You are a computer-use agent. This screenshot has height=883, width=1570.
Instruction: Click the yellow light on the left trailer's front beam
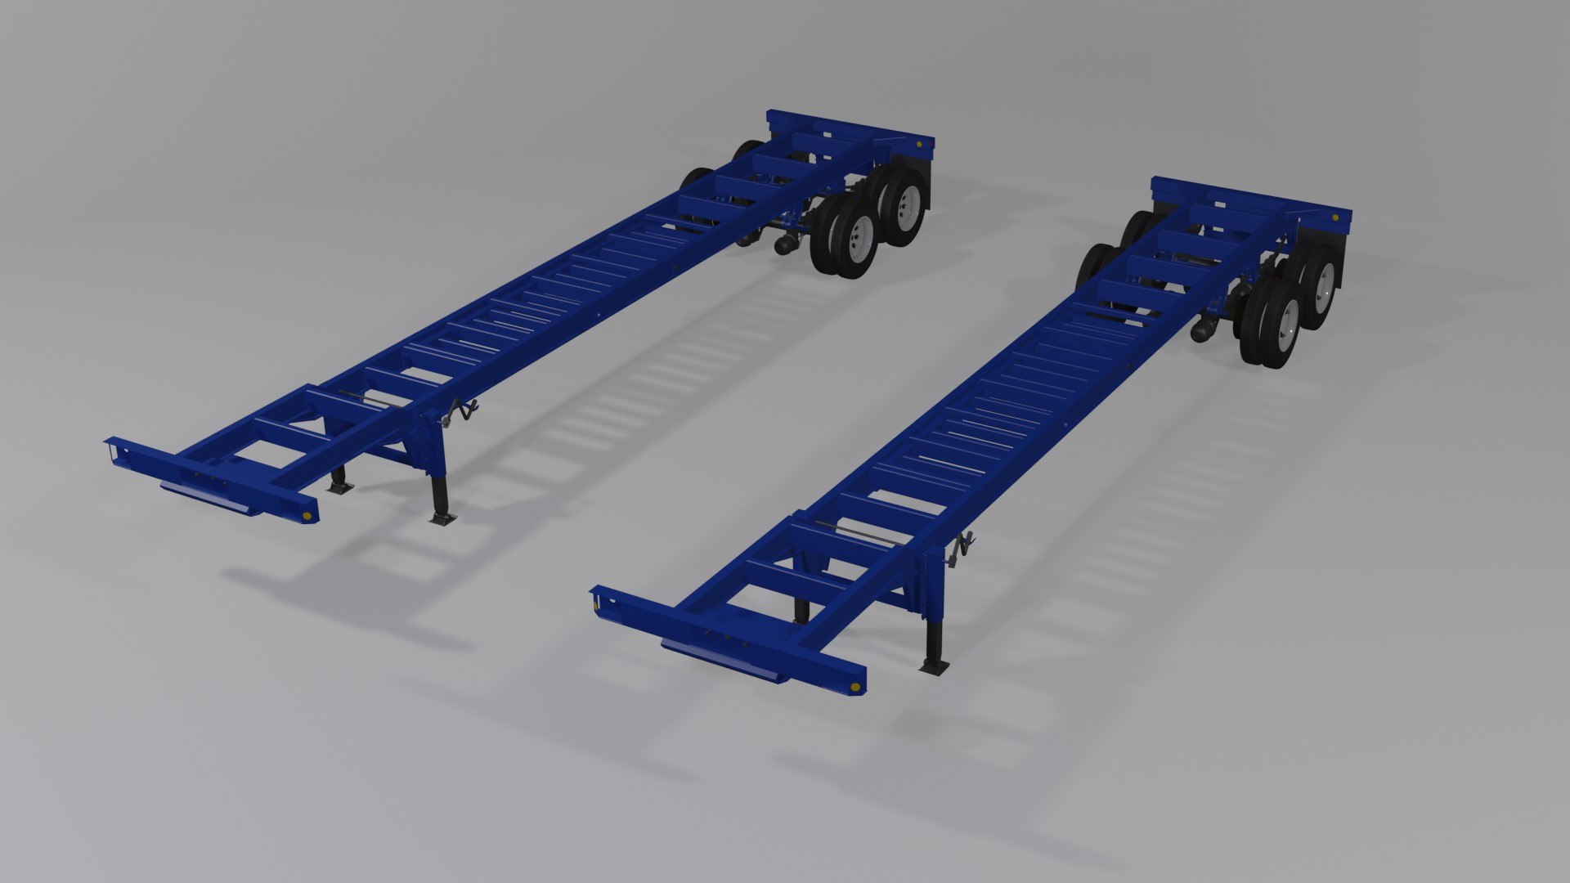pos(307,515)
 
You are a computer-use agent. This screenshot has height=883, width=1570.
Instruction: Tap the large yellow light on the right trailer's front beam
pos(855,686)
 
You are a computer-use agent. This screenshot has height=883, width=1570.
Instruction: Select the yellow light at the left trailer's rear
pos(922,144)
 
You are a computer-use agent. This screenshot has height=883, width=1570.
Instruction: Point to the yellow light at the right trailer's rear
pos(1335,218)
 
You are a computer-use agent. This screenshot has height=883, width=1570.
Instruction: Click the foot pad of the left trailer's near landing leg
pos(442,518)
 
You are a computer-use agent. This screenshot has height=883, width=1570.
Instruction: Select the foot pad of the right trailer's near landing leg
pos(934,666)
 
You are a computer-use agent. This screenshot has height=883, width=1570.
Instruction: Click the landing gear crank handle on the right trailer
pos(961,549)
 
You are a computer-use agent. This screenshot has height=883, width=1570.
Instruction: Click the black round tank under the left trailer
pos(785,244)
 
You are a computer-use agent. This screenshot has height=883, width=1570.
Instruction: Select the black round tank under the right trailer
pos(1204,330)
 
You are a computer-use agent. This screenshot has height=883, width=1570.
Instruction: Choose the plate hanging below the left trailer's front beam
pos(209,498)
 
